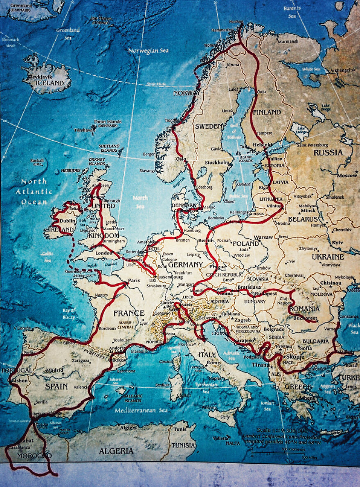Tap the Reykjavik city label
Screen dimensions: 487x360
point(41,76)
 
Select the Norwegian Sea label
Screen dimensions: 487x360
point(148,51)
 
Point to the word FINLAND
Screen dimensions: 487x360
point(267,112)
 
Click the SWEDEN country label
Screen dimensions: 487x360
point(209,126)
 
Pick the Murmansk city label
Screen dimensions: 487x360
point(288,41)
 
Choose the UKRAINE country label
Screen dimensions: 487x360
point(328,257)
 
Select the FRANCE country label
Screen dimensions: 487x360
point(129,313)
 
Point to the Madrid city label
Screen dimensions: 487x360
point(54,370)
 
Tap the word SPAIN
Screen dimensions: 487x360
point(56,386)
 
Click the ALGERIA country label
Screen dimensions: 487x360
point(116,451)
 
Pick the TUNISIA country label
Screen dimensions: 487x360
point(183,445)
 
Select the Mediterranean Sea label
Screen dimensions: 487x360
point(141,410)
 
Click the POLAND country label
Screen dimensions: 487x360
point(245,244)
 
